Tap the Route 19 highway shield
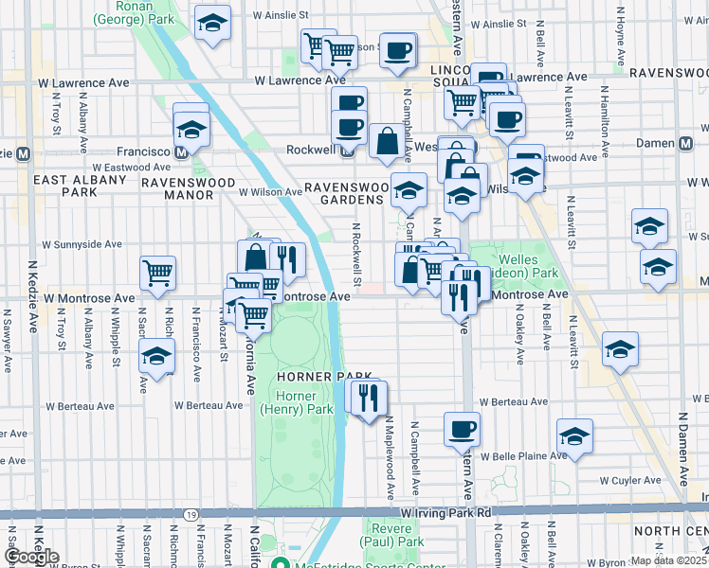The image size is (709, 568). click(191, 513)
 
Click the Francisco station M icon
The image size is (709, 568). click(180, 151)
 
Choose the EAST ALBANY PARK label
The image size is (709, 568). click(65, 186)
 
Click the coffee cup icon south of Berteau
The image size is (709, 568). click(462, 429)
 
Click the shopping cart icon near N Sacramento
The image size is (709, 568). click(157, 273)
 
